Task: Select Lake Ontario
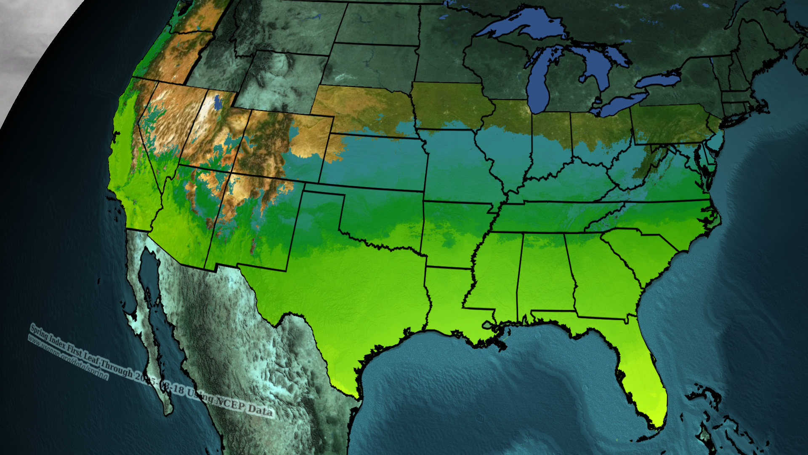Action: pos(659,80)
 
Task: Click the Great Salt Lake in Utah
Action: pos(218,102)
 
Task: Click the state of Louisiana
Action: pos(446,295)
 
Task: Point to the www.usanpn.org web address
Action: pos(67,356)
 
